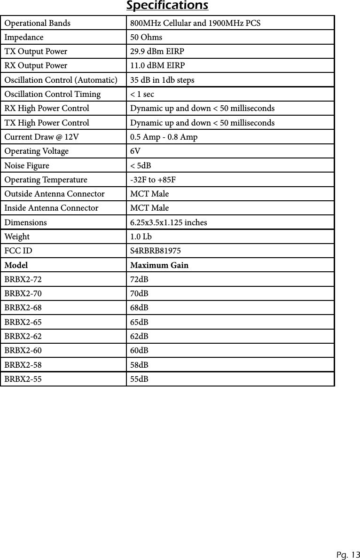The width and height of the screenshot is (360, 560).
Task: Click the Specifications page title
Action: tap(167, 6)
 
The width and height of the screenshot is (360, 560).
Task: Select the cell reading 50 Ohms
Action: tap(146, 37)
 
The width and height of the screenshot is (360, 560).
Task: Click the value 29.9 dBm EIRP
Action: tap(157, 51)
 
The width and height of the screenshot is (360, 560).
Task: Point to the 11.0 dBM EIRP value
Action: tap(157, 65)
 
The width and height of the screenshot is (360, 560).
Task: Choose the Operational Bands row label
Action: tap(38, 23)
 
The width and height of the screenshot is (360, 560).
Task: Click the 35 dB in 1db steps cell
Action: tap(162, 80)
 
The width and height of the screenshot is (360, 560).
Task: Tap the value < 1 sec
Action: tap(142, 95)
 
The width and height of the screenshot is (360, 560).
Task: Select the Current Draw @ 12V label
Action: tap(42, 137)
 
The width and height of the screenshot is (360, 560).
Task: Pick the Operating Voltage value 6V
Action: tap(134, 151)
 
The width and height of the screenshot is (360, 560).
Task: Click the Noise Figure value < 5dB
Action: tap(141, 166)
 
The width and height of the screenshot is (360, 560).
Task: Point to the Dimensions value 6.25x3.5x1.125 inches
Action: tap(168, 222)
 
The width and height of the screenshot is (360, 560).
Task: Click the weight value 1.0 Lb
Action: tap(141, 237)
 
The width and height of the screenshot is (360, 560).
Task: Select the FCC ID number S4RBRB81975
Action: tap(155, 251)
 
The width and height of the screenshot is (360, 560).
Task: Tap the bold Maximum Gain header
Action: tap(159, 265)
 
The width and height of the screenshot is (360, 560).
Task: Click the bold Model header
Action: tap(16, 265)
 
